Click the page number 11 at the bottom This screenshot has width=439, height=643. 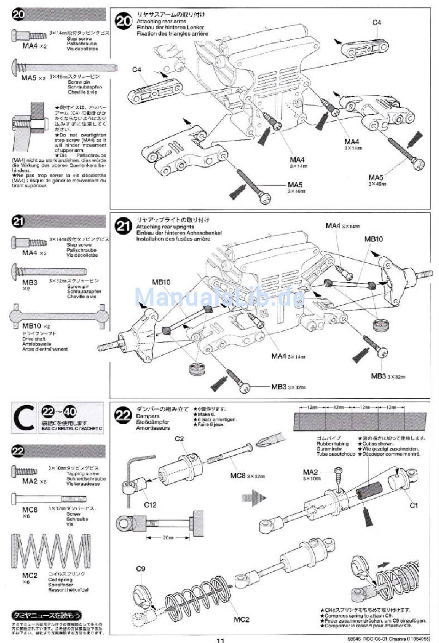[x=220, y=640]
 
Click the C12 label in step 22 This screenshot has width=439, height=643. [x=150, y=505]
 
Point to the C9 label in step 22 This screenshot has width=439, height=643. [x=141, y=569]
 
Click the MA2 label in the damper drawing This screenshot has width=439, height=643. [x=311, y=472]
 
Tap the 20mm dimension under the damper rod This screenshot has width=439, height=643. [x=168, y=538]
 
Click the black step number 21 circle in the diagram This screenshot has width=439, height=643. [x=123, y=226]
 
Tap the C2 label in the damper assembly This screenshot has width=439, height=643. [x=179, y=439]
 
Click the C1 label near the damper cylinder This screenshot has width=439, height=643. [x=414, y=505]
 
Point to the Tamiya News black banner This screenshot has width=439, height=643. [x=46, y=615]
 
